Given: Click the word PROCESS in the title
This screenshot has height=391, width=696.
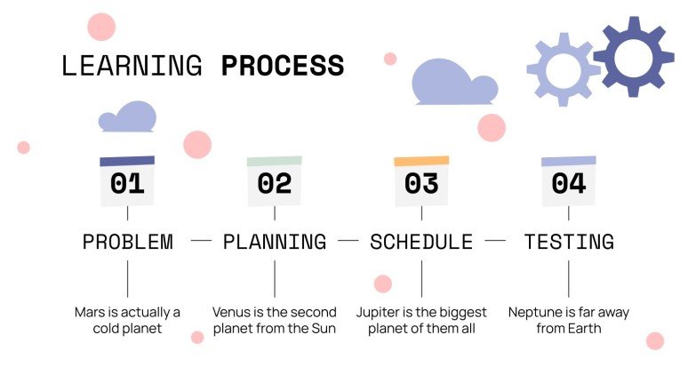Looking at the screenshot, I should (282, 66).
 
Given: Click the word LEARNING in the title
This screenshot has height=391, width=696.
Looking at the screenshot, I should (132, 66).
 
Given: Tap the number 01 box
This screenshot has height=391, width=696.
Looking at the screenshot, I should (127, 184).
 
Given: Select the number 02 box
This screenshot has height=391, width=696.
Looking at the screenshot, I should (275, 184).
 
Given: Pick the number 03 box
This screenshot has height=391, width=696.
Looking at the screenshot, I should (421, 184).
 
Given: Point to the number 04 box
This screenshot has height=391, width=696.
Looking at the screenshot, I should (569, 184).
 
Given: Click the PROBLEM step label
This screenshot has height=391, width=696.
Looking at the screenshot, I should (127, 242).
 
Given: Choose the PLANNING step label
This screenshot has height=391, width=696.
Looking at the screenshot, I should (275, 242).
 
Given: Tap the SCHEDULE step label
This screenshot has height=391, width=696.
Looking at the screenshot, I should (421, 242).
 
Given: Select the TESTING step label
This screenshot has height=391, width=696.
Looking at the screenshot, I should (569, 242).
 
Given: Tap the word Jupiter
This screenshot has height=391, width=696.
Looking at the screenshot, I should (378, 313).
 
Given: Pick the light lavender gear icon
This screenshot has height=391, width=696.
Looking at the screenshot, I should (563, 69).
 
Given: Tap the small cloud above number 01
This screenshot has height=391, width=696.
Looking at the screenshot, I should (128, 117).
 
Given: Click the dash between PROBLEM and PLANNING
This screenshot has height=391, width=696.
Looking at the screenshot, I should (202, 241).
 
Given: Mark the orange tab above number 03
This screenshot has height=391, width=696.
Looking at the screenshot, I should (421, 162).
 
